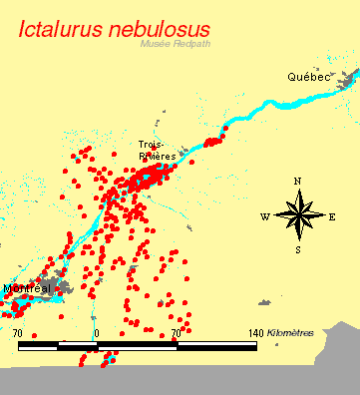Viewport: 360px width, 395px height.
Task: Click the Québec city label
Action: [306, 77]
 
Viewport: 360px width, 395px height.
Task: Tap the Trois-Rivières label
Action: [158, 150]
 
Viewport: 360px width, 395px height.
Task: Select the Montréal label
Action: [27, 288]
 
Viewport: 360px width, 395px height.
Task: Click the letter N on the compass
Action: [297, 181]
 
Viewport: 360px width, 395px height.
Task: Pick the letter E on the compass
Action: [332, 215]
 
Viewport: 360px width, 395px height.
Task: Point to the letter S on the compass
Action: [297, 249]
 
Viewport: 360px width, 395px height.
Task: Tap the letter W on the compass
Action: [264, 215]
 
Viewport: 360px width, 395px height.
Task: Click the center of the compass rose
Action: [297, 215]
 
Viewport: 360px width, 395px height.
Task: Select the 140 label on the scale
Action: [255, 332]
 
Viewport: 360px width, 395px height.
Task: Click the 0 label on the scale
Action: [97, 332]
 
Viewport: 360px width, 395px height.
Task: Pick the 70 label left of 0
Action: [18, 332]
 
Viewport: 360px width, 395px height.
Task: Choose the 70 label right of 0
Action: [176, 332]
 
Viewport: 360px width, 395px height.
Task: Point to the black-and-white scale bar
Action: [137, 346]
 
